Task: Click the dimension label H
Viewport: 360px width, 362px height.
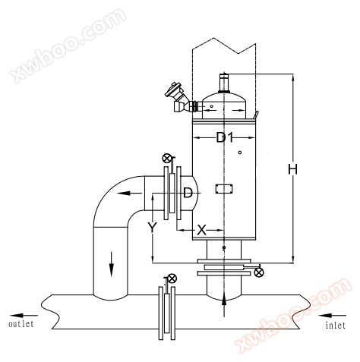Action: click(x=292, y=169)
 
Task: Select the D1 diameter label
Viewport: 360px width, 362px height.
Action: click(x=224, y=138)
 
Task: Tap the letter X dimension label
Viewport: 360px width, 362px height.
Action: click(x=201, y=230)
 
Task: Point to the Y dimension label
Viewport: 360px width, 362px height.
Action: click(x=152, y=228)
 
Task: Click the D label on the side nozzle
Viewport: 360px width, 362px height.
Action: click(x=188, y=193)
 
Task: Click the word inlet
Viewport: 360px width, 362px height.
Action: click(x=336, y=325)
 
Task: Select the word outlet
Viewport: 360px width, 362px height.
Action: click(x=21, y=323)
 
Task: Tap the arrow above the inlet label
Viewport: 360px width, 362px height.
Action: click(x=332, y=316)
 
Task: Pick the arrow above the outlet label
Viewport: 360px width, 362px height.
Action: click(x=24, y=316)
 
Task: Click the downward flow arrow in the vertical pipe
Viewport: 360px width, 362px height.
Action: click(x=112, y=264)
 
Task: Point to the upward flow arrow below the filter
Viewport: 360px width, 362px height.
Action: click(x=224, y=304)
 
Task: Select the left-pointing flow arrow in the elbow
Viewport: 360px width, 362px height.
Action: click(x=130, y=194)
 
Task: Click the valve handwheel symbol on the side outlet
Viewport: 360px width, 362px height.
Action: click(x=166, y=159)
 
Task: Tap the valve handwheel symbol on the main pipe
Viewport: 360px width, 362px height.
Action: click(x=172, y=279)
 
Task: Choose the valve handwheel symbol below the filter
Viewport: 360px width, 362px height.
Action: click(x=259, y=272)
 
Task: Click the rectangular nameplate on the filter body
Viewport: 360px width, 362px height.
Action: click(x=224, y=189)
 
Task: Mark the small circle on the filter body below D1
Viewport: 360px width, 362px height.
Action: click(x=240, y=153)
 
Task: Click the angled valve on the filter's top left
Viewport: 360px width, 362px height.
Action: click(x=180, y=98)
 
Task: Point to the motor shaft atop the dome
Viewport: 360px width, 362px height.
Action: click(x=224, y=83)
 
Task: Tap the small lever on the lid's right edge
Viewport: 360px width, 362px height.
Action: click(x=256, y=115)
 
